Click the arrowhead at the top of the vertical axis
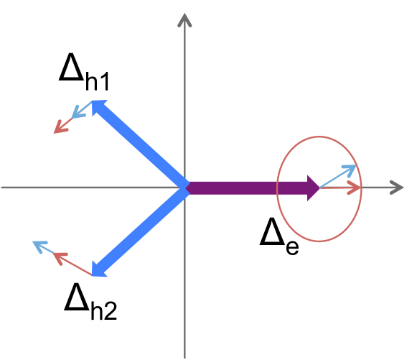(x=184, y=19)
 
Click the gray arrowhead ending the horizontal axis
(x=397, y=188)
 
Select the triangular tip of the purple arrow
(x=313, y=188)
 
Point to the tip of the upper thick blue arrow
(x=97, y=104)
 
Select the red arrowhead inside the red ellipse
(x=354, y=188)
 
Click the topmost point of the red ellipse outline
(x=319, y=137)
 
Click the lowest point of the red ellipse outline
(x=319, y=241)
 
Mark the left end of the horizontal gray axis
(x=4, y=188)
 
